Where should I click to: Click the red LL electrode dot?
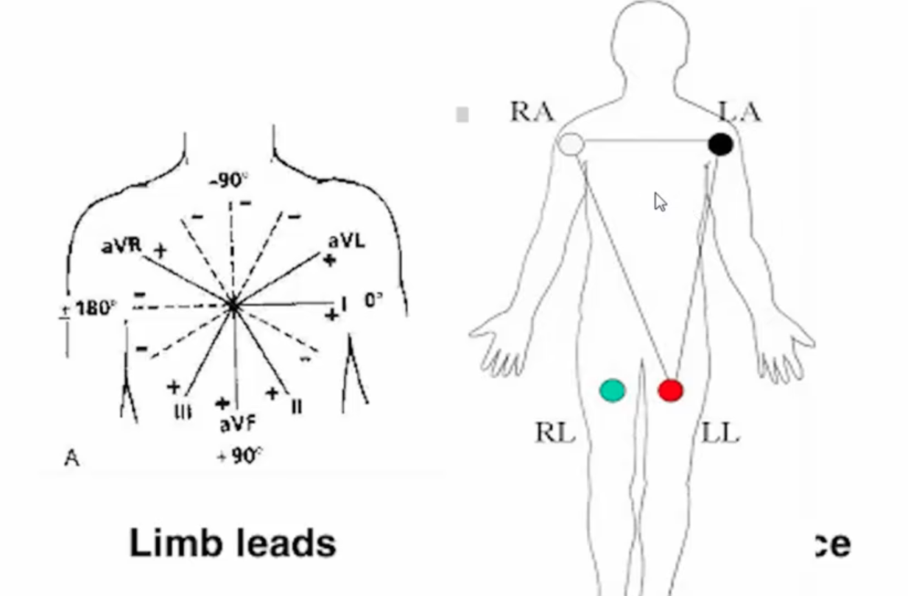point(670,391)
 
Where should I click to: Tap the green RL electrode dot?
point(613,391)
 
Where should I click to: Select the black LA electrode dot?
point(720,144)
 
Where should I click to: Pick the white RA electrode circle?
point(570,144)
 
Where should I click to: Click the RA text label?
point(532,112)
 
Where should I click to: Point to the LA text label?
point(739,112)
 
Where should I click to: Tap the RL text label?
point(555,433)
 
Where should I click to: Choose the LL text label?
point(720,433)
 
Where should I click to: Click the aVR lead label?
point(122,245)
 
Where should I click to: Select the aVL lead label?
point(346,241)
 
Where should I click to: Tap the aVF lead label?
point(236,424)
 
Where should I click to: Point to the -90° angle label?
point(229,180)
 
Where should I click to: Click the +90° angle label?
point(239,456)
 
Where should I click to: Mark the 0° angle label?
point(374,300)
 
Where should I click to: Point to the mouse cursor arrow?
point(660,202)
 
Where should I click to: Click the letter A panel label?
point(71,458)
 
